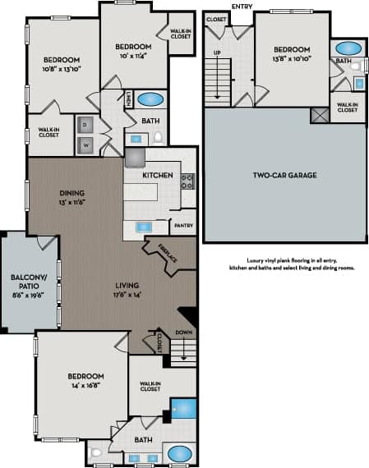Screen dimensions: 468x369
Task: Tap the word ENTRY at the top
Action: pos(242,6)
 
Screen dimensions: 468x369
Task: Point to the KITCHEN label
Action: pos(156,176)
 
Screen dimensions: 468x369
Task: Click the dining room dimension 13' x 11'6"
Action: pos(72,202)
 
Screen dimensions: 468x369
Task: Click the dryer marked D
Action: pos(85,126)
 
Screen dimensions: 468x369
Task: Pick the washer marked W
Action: pos(85,145)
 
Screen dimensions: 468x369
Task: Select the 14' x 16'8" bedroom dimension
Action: pos(85,385)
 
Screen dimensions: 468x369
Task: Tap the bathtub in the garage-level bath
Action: pos(348,48)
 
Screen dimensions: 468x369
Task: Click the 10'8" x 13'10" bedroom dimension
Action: pos(62,70)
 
